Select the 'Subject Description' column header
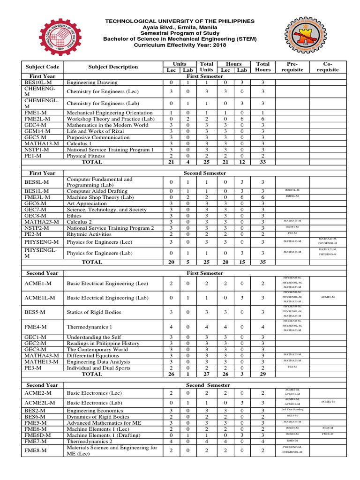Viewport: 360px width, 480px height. coord(113,67)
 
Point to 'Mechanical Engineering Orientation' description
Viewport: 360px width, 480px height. coord(110,113)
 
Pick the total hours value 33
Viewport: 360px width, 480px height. coord(263,162)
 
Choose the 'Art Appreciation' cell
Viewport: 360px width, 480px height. coord(87,203)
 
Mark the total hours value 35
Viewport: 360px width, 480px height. coord(263,262)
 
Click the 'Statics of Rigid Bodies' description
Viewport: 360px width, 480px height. coord(94,312)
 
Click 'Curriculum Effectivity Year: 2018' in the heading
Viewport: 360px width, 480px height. coord(180,45)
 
